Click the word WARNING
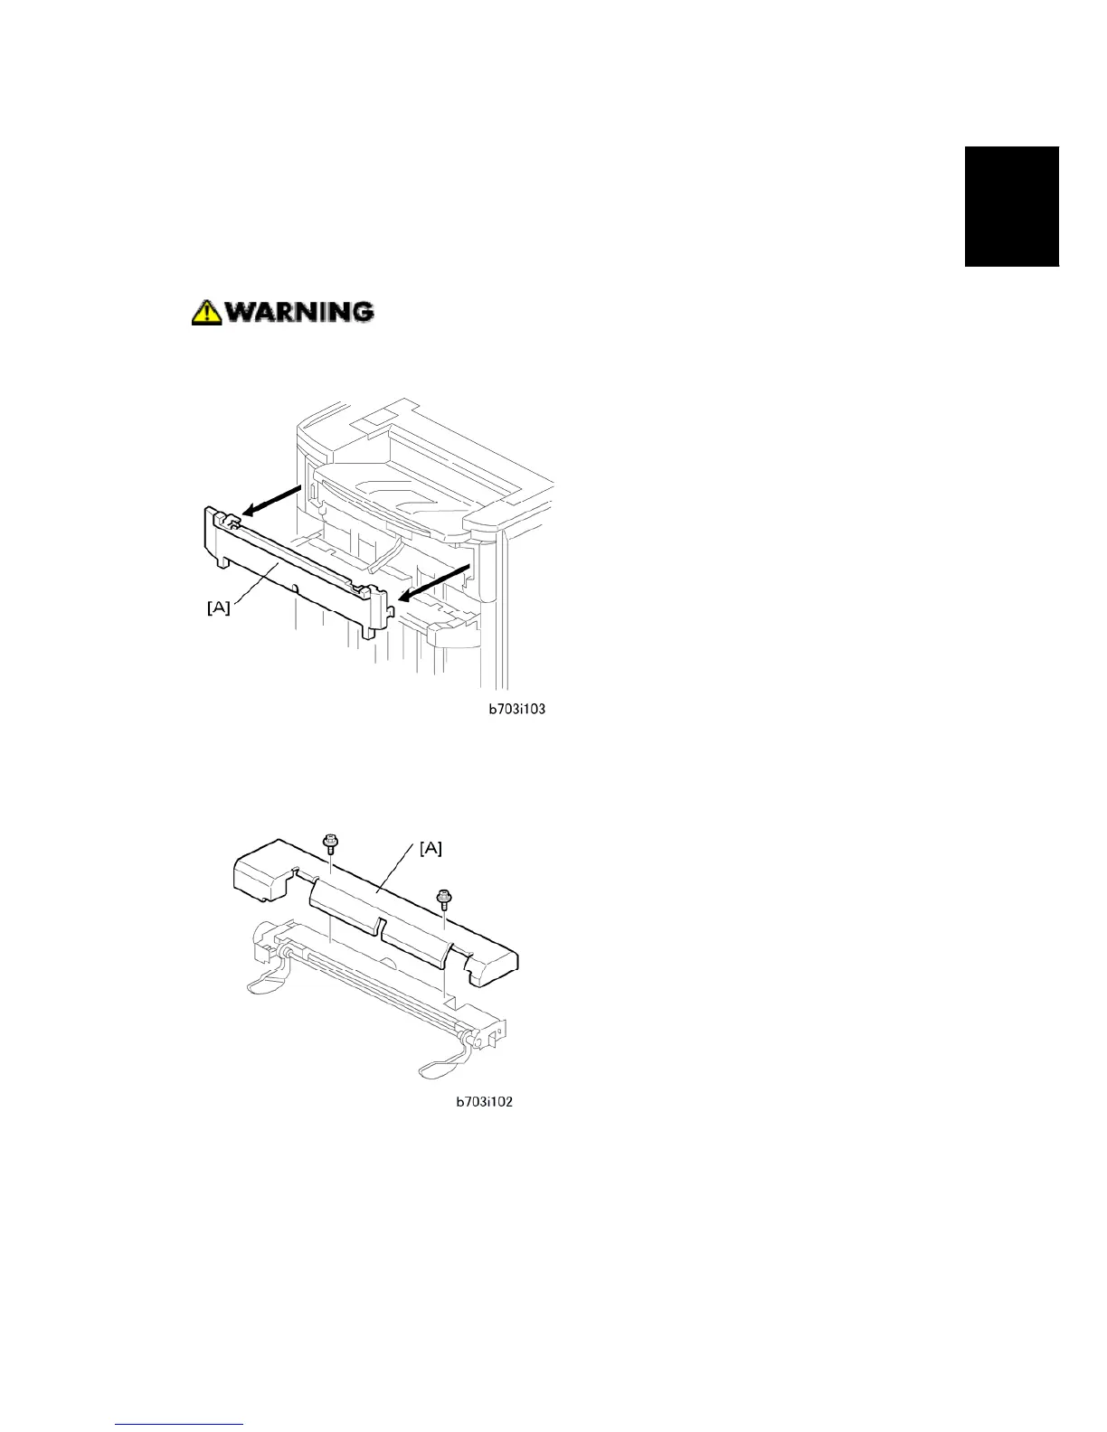coord(299,312)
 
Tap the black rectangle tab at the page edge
coord(1011,206)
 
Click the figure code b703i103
coord(516,710)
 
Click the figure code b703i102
coord(485,1102)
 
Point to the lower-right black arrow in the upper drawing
coord(436,581)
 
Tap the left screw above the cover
coord(331,844)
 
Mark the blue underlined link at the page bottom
coord(181,1425)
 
